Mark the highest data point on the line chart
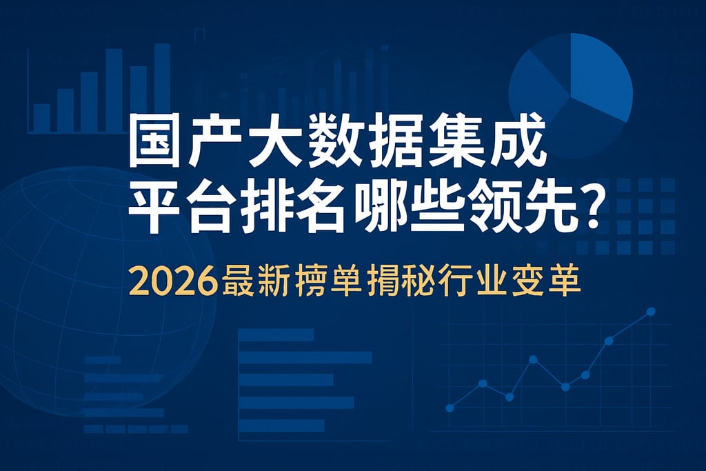click(651, 312)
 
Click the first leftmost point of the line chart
click(450, 408)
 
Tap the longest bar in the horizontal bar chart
click(305, 357)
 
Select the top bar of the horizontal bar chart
click(276, 334)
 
